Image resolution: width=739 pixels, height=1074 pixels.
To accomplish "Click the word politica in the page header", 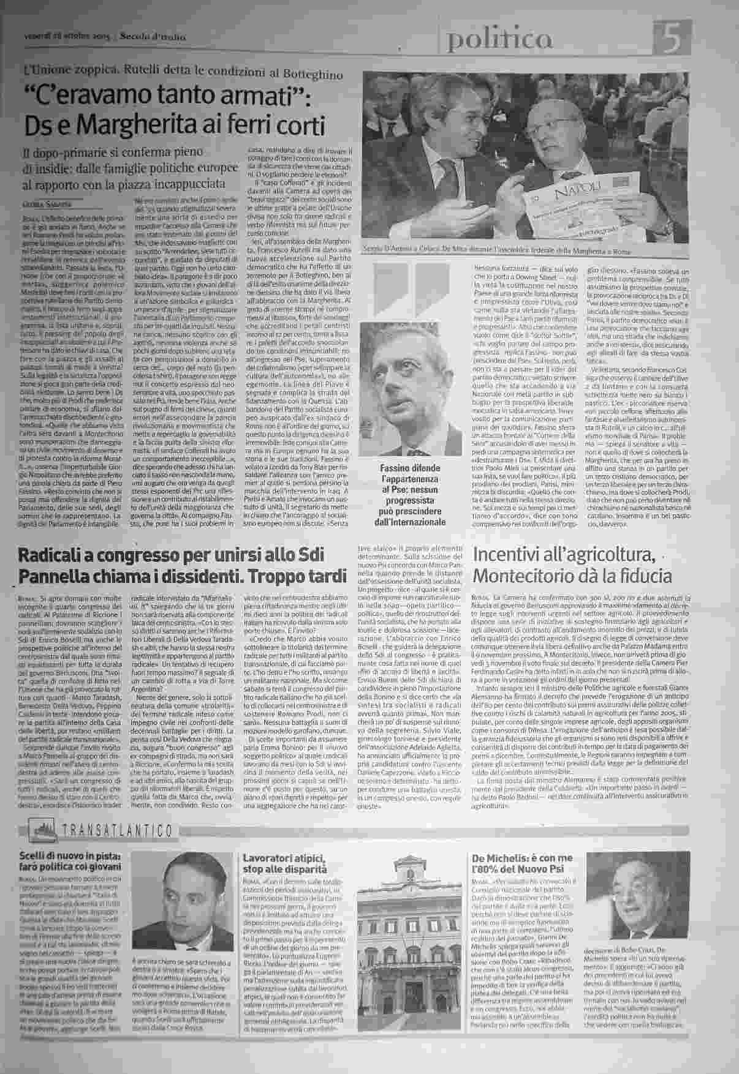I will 499,40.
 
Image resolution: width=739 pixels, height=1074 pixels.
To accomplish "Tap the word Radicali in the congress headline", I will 58,555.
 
